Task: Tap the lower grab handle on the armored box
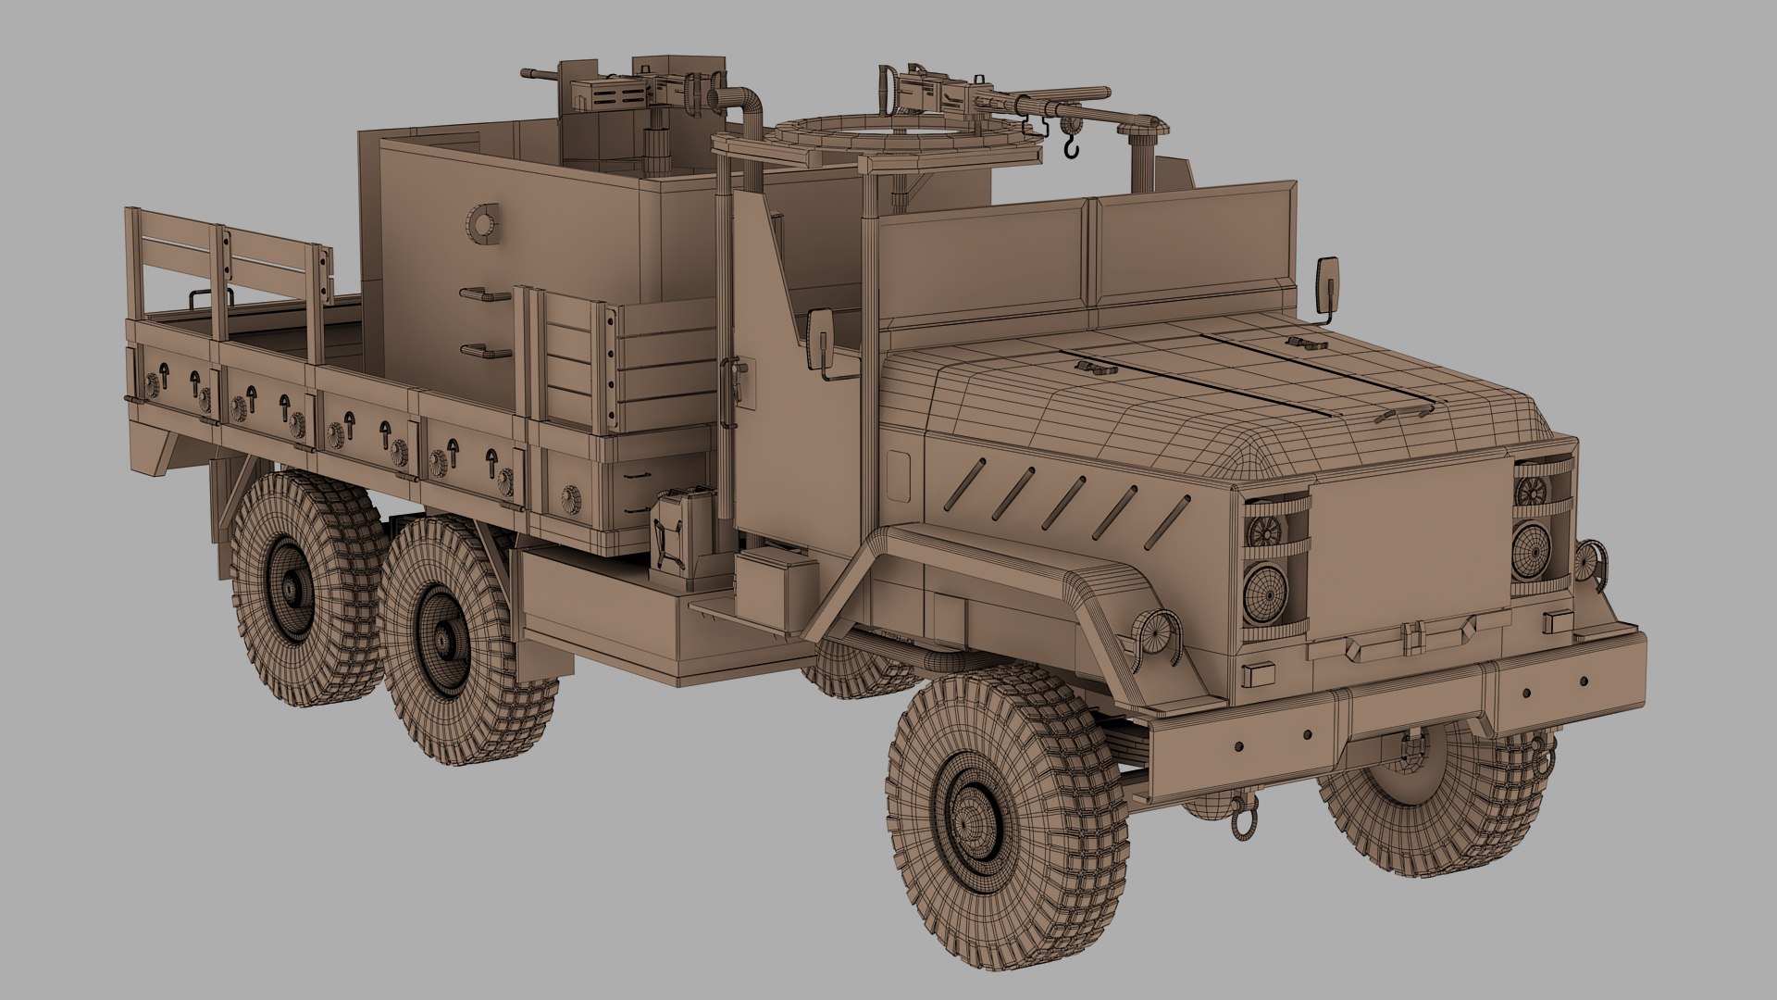pyautogui.click(x=483, y=351)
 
